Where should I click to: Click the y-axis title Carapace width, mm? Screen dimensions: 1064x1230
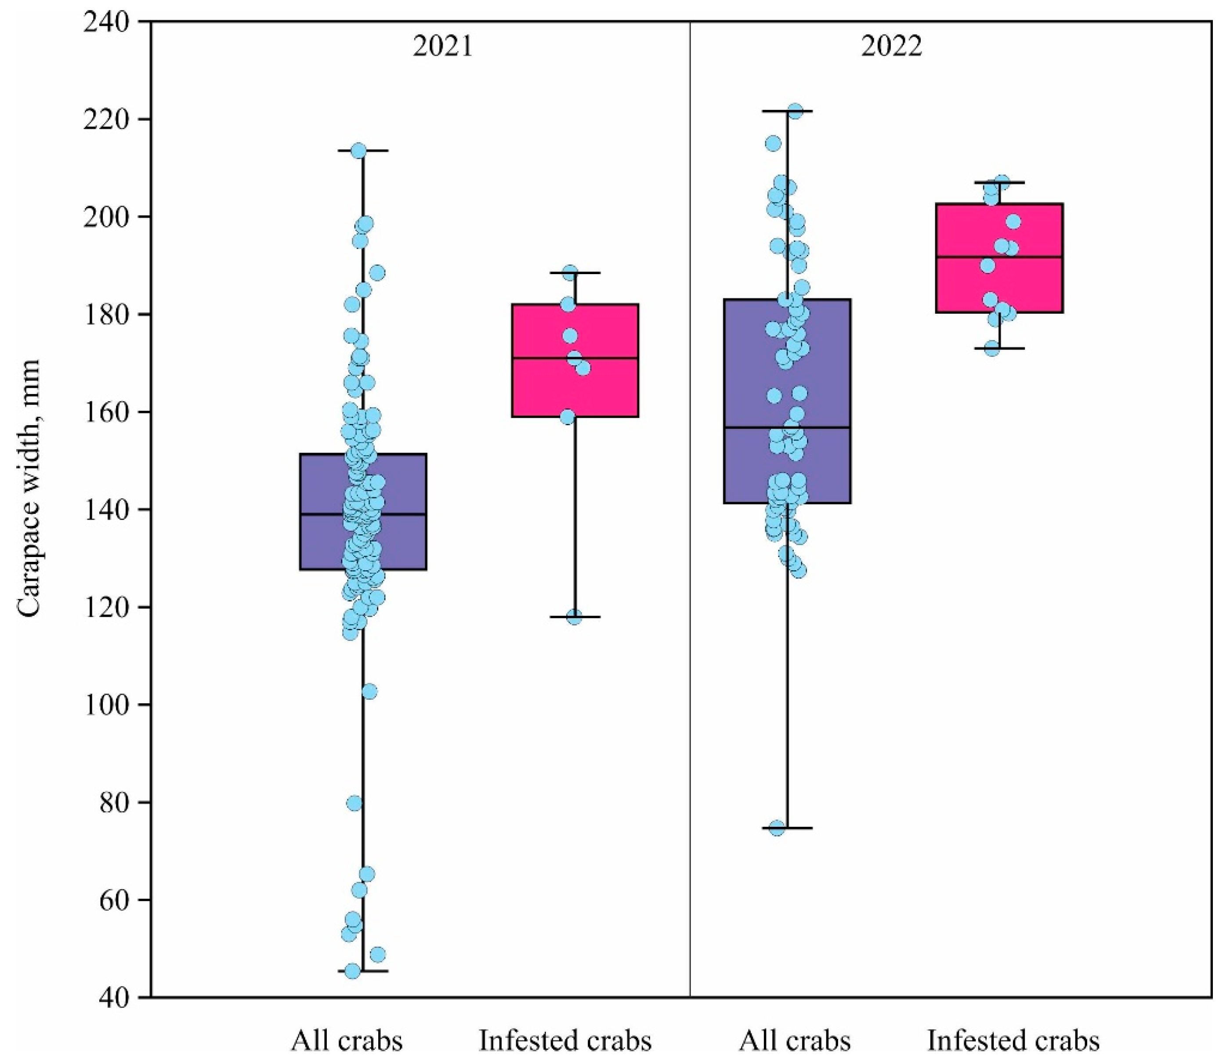click(28, 490)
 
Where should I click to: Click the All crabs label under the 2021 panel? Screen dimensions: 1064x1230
click(347, 1040)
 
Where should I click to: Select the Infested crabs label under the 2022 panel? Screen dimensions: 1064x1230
click(1013, 1040)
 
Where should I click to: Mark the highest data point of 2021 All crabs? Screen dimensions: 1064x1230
click(358, 151)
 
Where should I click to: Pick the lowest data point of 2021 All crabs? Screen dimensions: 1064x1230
click(353, 971)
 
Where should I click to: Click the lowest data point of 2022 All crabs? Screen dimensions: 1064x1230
click(777, 828)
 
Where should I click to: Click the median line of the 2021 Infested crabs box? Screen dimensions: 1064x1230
click(575, 358)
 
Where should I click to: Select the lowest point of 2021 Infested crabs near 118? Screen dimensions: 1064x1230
click(574, 617)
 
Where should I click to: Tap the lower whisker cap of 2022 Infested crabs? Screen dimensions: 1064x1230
click(999, 348)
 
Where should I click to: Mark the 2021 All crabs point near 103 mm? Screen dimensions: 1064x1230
click(369, 691)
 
